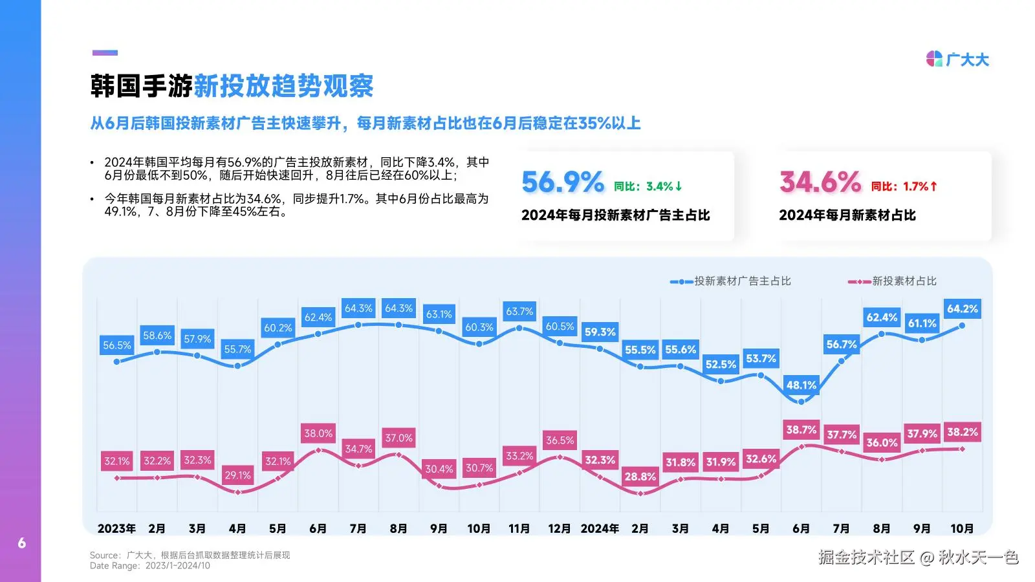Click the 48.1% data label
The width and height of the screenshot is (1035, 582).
(x=801, y=385)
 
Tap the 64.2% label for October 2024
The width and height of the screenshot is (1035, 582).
(x=963, y=308)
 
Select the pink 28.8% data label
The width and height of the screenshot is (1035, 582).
(x=640, y=477)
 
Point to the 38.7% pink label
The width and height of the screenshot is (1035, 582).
(x=801, y=429)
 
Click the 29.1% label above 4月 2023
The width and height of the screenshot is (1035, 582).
(x=237, y=475)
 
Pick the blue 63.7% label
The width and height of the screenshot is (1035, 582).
(x=519, y=311)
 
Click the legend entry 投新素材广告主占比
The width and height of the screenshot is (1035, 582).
(x=730, y=281)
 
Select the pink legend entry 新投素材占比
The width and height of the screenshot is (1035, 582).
(x=892, y=281)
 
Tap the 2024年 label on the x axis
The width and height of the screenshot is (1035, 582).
(x=599, y=528)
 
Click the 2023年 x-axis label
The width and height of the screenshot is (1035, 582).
(x=116, y=528)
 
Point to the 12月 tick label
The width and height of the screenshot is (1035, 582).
(x=559, y=528)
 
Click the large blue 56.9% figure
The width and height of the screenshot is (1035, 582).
(x=562, y=182)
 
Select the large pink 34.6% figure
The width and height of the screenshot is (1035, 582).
(x=820, y=182)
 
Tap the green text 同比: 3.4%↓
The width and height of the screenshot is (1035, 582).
(x=648, y=186)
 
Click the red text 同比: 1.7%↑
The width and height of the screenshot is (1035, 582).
(x=904, y=186)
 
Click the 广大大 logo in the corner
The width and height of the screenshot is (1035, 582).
(x=957, y=59)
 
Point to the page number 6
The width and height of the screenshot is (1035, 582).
(x=22, y=543)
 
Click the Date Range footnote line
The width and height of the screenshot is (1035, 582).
(x=149, y=566)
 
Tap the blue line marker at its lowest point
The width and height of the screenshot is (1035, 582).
(x=801, y=402)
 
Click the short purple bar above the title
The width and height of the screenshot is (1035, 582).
(x=105, y=52)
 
